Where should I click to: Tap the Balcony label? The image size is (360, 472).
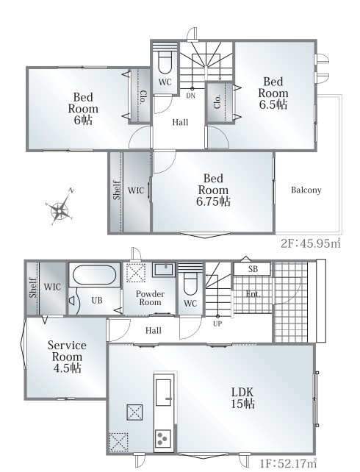306,190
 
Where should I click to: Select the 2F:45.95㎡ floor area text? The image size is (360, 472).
311,243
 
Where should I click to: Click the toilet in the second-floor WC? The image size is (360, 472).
165,63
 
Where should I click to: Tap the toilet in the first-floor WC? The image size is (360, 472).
190,285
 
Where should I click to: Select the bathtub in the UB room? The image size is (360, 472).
95,275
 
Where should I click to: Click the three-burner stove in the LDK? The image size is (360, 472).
163,438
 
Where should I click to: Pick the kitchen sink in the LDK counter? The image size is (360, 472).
164,393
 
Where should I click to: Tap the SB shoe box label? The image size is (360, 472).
253,269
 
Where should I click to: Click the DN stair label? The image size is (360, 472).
191,96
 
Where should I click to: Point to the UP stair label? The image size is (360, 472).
217,324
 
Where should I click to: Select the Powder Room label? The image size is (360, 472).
150,298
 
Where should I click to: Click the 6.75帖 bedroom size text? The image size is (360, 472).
213,201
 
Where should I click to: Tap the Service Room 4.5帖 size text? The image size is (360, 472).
67,368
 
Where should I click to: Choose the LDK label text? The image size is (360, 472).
242,392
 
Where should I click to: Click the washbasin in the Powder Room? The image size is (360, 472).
164,269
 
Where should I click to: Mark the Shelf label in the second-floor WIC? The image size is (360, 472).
117,190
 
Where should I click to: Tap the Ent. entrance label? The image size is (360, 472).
253,294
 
